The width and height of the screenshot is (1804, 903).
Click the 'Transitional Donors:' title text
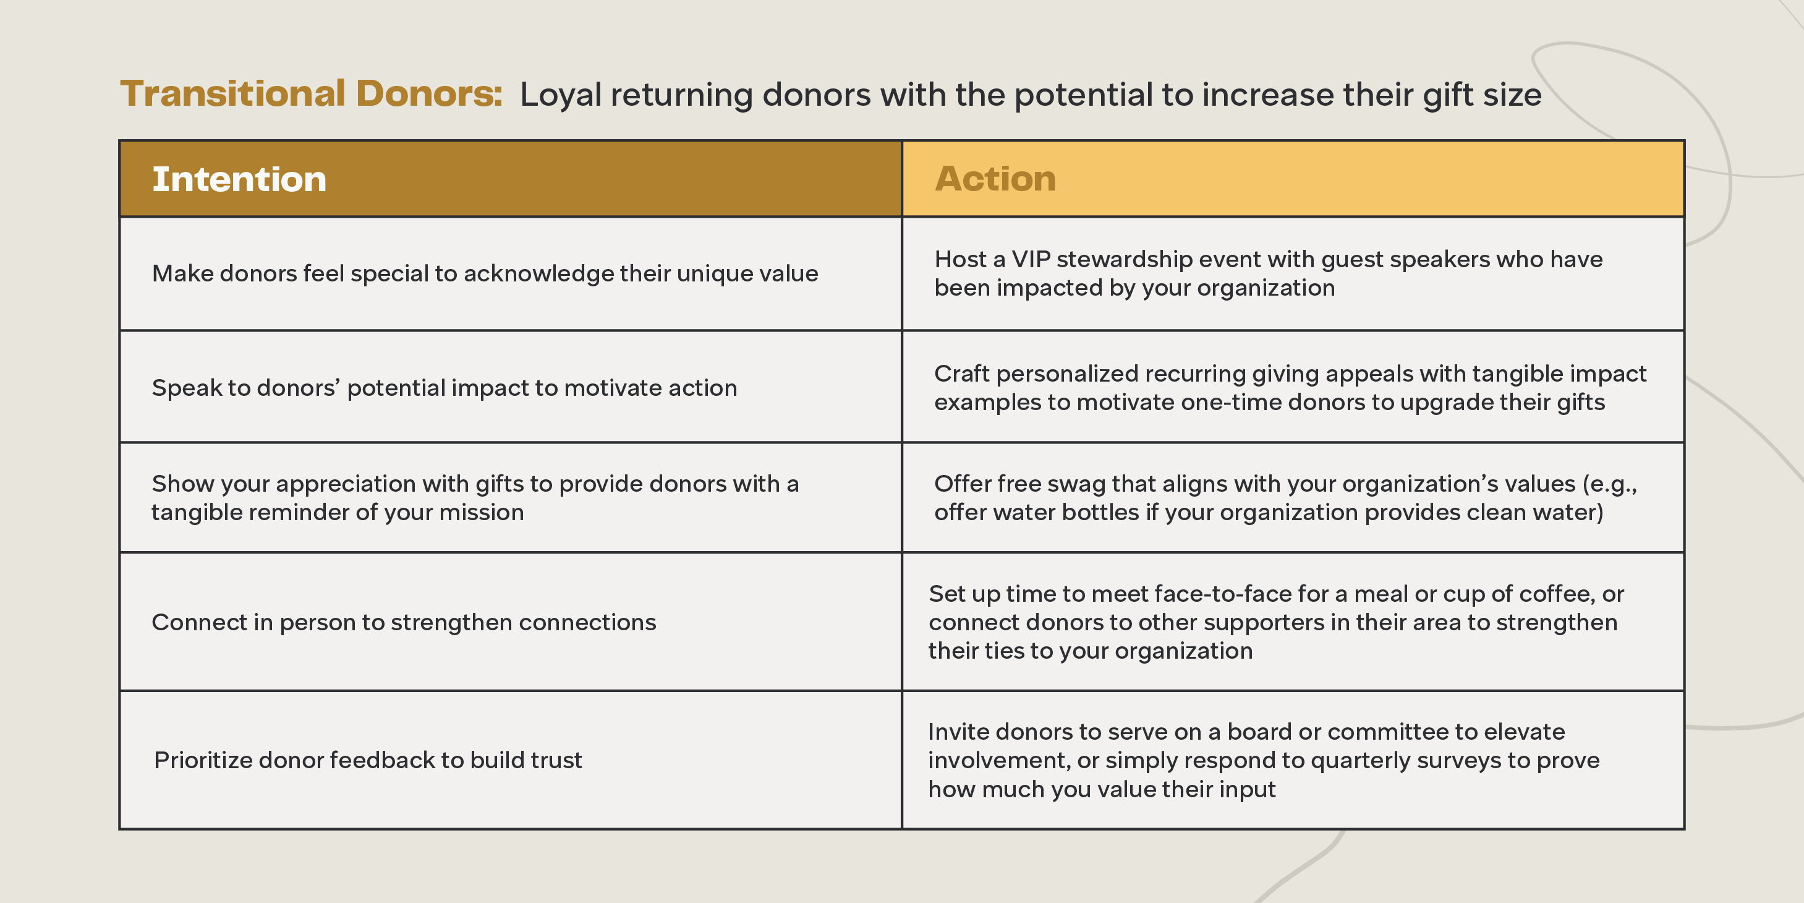(312, 94)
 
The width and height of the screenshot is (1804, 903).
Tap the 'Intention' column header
(239, 179)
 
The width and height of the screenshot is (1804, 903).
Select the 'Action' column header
(995, 179)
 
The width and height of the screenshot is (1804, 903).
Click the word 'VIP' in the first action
(1031, 259)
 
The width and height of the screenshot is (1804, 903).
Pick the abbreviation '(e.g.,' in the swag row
(1609, 484)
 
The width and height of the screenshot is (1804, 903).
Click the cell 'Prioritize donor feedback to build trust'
(368, 760)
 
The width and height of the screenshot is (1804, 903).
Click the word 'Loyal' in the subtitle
(561, 95)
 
